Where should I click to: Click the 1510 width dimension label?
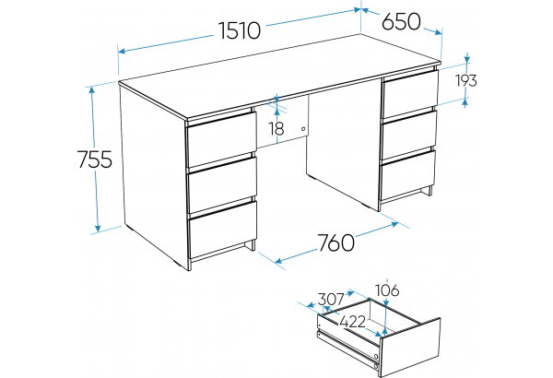pos(240,30)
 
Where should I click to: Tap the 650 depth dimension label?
pos(401,21)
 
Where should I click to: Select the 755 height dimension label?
pos(95,159)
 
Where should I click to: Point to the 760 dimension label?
pos(336,242)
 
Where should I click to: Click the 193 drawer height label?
pos(466,80)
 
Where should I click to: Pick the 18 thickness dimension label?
pos(276,128)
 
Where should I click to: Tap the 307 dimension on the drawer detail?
pos(331,300)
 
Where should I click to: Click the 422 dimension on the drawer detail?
pos(352,322)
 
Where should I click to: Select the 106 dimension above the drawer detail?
pos(387,290)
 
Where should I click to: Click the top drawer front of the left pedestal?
pos(222,138)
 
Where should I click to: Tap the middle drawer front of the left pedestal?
pos(223,183)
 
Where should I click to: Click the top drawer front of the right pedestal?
pos(410,93)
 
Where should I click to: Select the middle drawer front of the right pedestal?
pos(409,135)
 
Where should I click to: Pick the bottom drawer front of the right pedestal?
pos(408,175)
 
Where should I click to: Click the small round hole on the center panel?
pos(303,129)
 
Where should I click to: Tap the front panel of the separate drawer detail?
pos(410,348)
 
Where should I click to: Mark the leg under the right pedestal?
pos(428,191)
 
